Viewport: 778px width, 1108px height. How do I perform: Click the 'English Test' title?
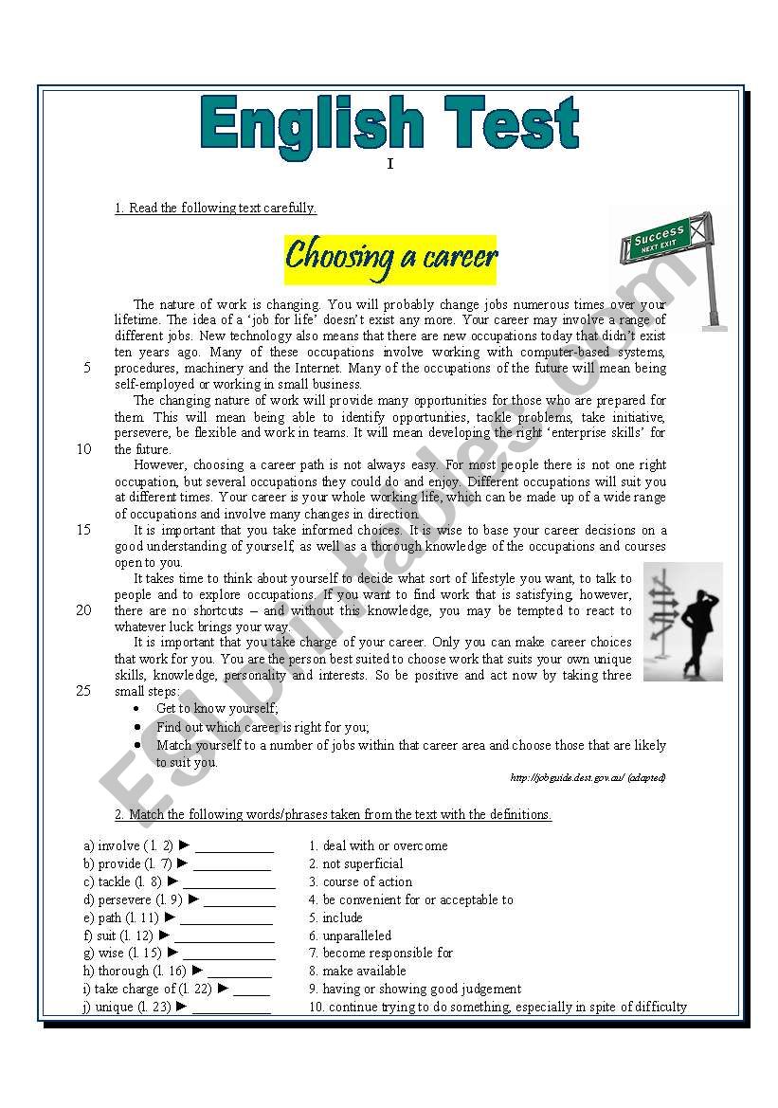point(389,125)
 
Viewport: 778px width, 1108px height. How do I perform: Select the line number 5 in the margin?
point(87,368)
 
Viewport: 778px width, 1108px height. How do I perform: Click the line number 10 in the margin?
point(83,449)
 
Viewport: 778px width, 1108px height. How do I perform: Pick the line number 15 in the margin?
point(83,530)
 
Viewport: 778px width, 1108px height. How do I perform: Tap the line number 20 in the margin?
point(83,610)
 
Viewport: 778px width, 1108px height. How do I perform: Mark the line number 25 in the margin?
point(83,691)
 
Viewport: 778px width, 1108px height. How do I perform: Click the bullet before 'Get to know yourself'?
point(138,709)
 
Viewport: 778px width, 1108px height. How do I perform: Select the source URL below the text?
point(588,778)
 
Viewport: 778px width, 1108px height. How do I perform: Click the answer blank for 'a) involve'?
point(234,846)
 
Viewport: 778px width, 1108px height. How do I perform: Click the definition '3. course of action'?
point(360,881)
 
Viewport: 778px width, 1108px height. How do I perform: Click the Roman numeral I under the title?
point(389,165)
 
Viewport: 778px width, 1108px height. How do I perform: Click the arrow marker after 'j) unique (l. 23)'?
point(182,1007)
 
